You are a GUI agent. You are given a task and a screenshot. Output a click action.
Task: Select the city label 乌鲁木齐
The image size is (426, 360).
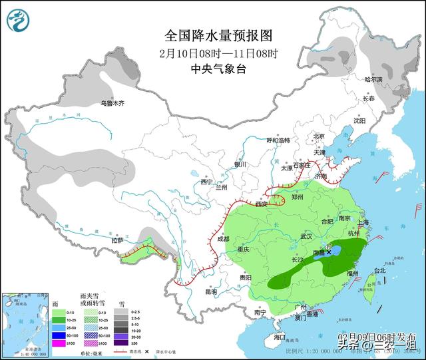(112, 103)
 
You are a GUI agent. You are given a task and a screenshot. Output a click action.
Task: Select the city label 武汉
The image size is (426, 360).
(306, 236)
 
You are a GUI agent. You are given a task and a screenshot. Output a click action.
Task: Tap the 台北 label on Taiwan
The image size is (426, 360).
(379, 271)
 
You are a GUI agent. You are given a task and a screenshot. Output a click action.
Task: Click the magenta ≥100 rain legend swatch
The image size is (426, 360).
(59, 344)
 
